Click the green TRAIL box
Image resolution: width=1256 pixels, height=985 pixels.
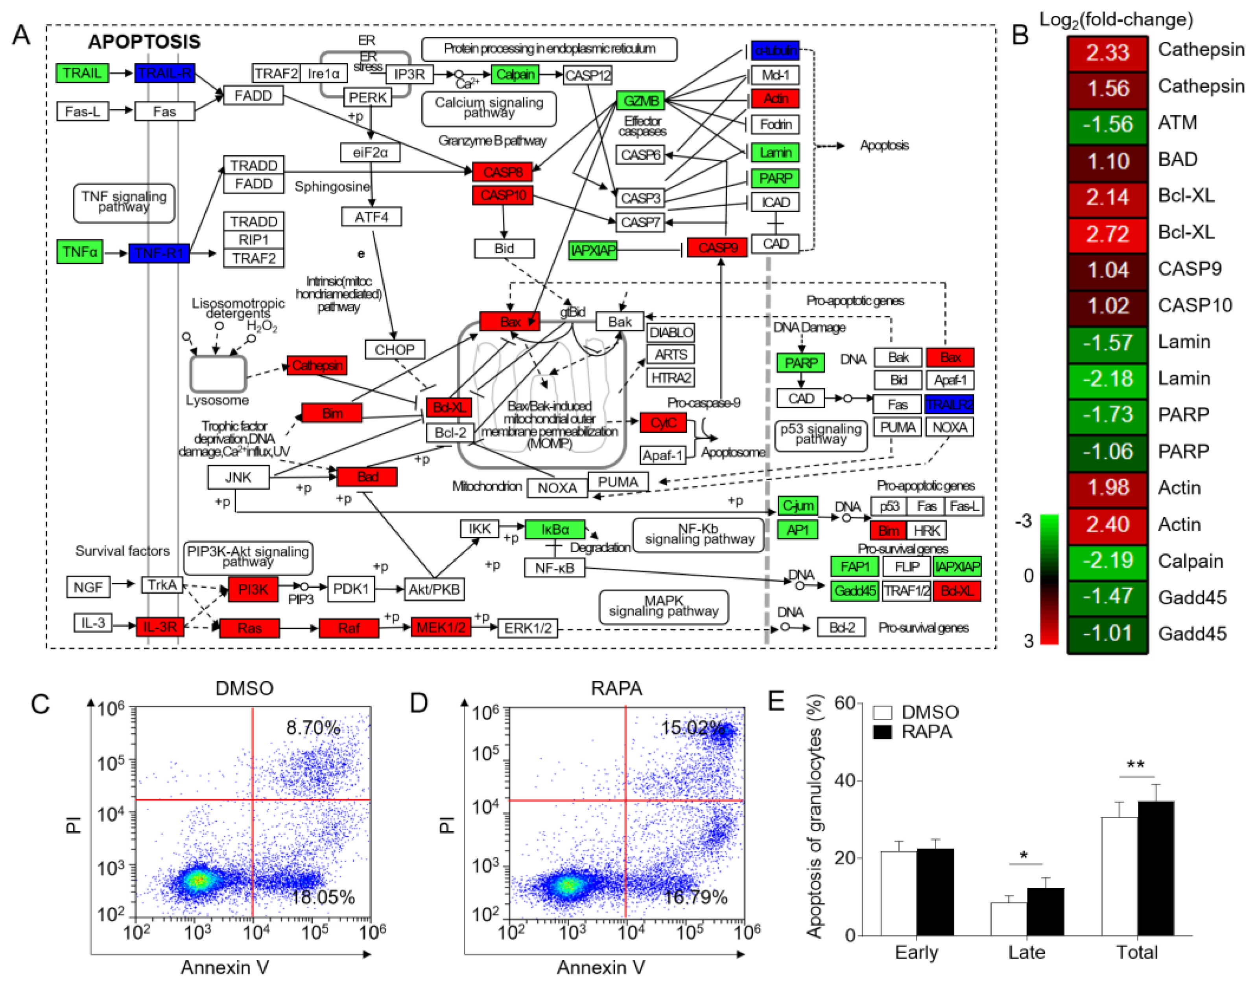click(82, 73)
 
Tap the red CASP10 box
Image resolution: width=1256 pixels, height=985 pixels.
click(503, 196)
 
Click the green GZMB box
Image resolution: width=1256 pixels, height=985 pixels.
click(641, 101)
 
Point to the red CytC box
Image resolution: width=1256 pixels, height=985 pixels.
click(663, 423)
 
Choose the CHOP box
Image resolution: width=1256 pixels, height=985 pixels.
click(395, 349)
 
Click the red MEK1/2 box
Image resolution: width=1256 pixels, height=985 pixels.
click(441, 627)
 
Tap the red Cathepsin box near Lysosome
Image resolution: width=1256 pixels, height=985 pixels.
click(317, 365)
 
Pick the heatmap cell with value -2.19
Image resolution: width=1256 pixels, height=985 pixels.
click(1107, 561)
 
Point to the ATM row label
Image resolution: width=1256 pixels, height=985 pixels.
click(1178, 123)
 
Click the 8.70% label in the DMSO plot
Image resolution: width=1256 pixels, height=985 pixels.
click(313, 728)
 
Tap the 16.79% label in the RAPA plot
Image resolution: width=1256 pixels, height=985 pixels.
click(695, 897)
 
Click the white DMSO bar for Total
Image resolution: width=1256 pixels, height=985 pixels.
click(1120, 875)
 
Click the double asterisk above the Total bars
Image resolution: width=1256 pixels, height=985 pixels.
click(1136, 765)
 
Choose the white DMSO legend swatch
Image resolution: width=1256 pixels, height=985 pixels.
click(882, 712)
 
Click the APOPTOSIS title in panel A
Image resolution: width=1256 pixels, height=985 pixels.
click(144, 42)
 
